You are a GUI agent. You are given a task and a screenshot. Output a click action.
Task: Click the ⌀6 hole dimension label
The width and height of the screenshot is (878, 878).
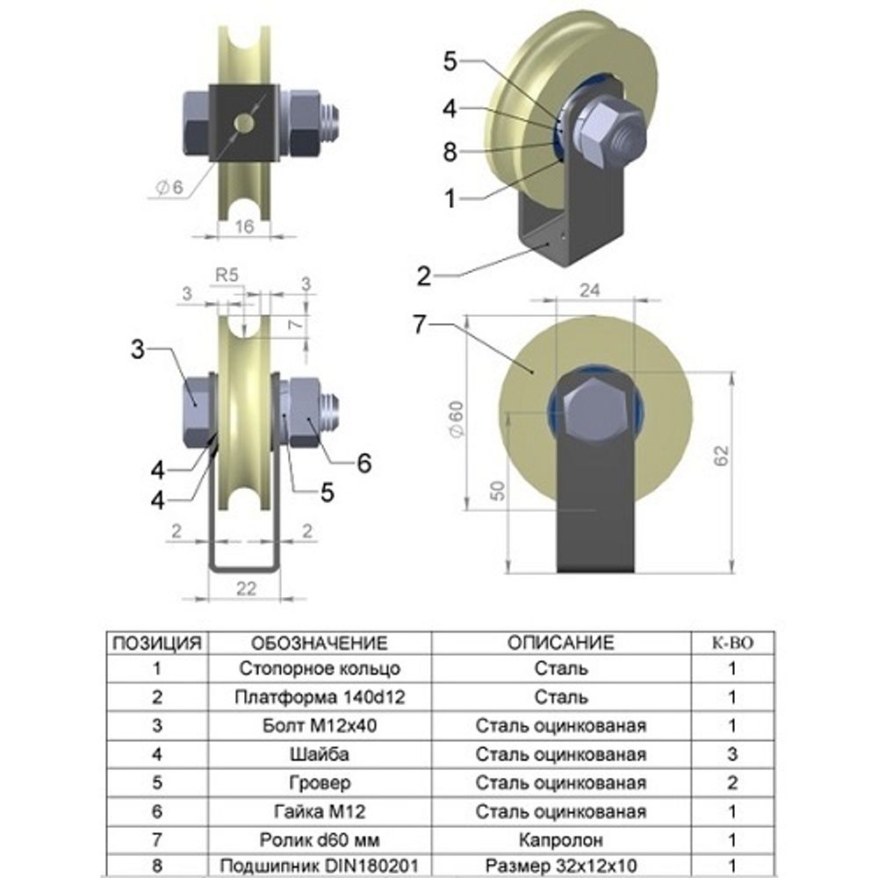tap(169, 187)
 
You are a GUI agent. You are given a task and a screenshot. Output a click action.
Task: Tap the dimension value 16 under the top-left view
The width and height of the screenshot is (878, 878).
tap(244, 227)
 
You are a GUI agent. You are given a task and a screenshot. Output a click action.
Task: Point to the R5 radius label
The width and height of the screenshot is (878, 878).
tap(227, 275)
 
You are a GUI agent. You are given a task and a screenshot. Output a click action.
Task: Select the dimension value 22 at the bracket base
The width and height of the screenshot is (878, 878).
tap(246, 588)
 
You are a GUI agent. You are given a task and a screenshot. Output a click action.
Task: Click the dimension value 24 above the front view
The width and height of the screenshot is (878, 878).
tap(590, 290)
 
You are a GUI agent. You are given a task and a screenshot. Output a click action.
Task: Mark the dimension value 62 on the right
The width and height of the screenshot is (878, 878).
tap(722, 455)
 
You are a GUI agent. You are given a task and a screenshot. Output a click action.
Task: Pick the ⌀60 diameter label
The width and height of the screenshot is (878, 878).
tap(457, 420)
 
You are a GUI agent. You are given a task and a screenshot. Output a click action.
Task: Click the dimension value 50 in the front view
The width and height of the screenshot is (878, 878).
tap(497, 491)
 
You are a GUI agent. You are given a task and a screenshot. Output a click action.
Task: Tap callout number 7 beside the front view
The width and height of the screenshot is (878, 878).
tap(420, 324)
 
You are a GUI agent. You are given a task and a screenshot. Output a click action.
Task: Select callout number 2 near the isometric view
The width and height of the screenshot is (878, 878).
tap(424, 276)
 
